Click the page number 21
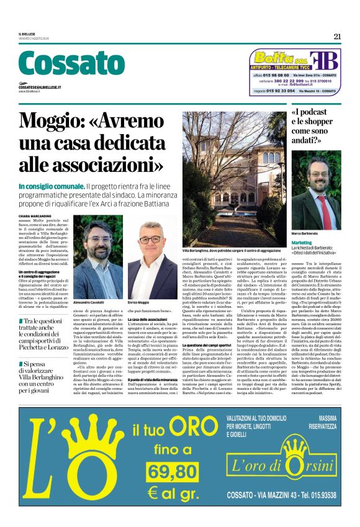[337, 36]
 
